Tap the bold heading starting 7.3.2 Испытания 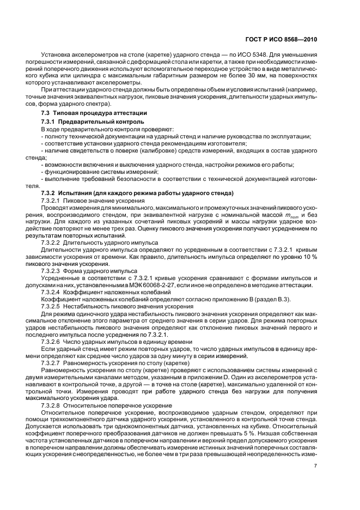click(137, 193)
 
